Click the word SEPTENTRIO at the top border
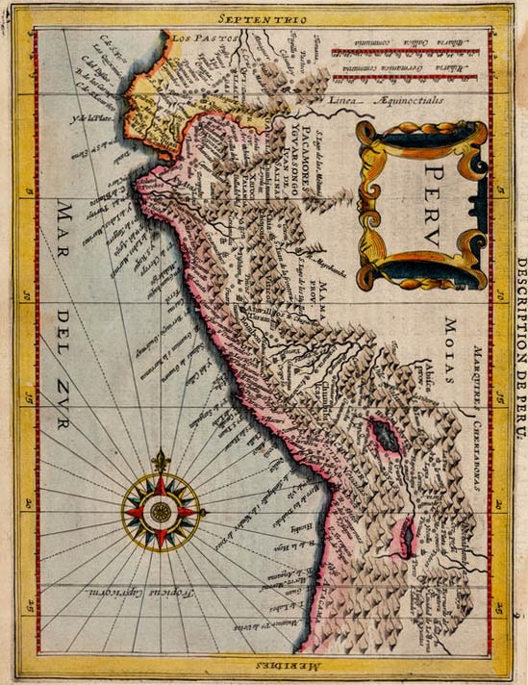pos(263,18)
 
